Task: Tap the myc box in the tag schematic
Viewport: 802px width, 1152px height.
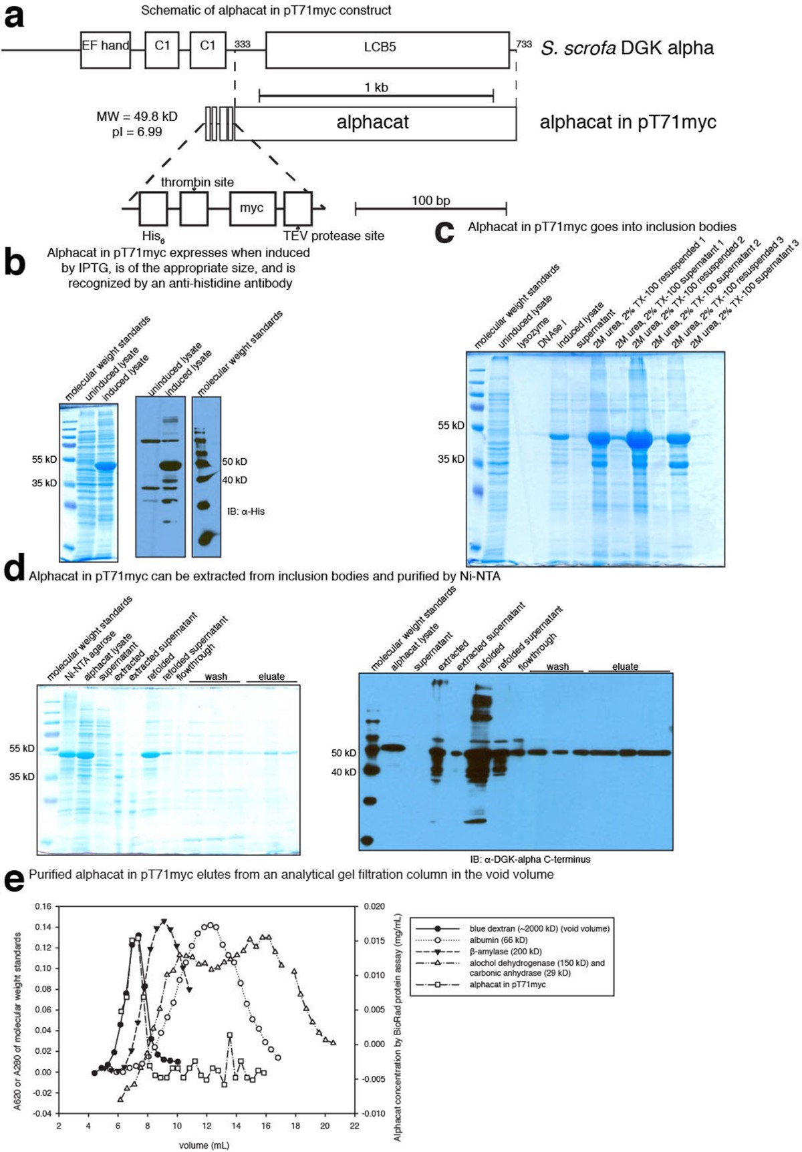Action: tap(251, 208)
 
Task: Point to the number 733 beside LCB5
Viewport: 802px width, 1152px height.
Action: tap(524, 44)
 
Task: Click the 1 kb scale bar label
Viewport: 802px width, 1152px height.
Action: tap(376, 87)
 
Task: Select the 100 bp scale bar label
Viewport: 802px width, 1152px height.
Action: tap(430, 200)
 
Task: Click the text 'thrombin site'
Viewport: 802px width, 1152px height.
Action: tap(197, 182)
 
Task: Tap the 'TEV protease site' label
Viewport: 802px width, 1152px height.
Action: tap(333, 235)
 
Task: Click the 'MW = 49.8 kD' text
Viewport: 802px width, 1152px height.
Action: tap(137, 117)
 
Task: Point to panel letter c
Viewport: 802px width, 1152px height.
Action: tap(444, 231)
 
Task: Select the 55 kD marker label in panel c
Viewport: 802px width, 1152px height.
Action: tap(450, 425)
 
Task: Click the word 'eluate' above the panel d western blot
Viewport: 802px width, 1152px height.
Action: tap(624, 666)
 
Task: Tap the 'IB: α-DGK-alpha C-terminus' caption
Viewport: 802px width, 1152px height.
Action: tap(530, 859)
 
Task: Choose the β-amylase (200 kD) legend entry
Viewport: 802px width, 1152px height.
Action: tap(505, 951)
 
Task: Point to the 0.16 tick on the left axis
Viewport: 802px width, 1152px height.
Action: tap(42, 906)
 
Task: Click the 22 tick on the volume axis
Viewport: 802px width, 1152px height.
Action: tap(354, 1125)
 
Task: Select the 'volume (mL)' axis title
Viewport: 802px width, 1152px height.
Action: tap(204, 1145)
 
